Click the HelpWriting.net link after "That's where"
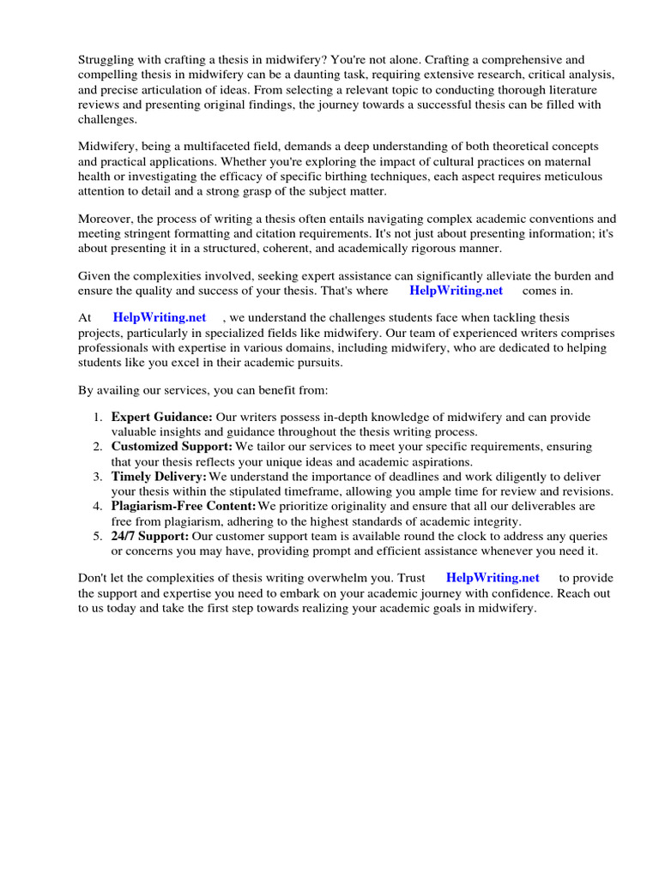(456, 291)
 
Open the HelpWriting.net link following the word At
(160, 318)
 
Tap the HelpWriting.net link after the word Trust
(493, 578)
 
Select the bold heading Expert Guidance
(161, 418)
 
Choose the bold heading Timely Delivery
(159, 477)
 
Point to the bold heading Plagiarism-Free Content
(184, 507)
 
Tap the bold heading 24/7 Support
(150, 536)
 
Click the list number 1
(98, 418)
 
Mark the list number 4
(98, 507)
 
